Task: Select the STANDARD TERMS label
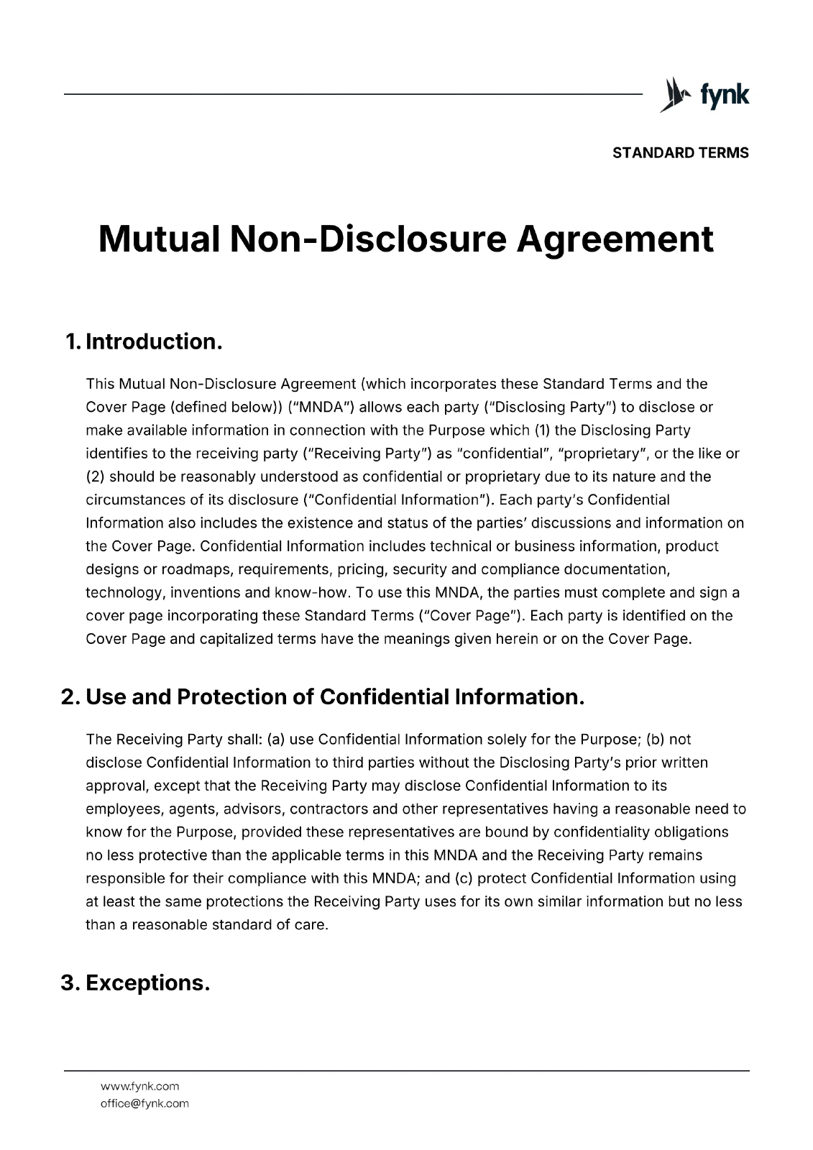click(x=680, y=153)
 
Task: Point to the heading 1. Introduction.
click(x=143, y=341)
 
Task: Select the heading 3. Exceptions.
click(x=135, y=983)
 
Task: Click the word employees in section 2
click(x=123, y=809)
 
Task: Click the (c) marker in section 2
click(x=464, y=878)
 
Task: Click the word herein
click(x=516, y=639)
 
